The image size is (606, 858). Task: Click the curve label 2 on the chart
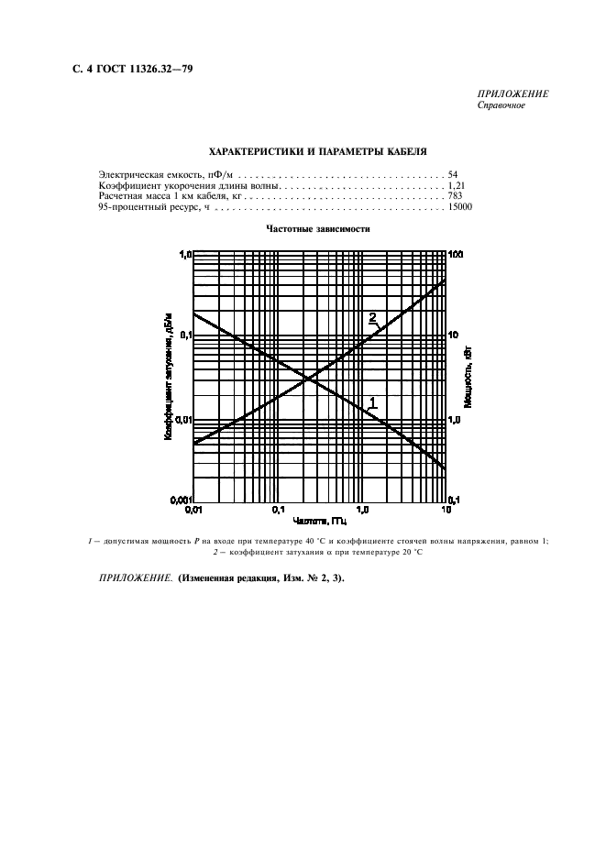coord(373,317)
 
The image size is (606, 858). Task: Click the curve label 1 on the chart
coord(373,401)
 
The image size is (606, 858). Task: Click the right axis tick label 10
coord(453,336)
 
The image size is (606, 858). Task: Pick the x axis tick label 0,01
coord(193,508)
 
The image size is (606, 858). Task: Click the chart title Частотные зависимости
coord(318,228)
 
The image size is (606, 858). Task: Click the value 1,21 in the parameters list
coord(456,185)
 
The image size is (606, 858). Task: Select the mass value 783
coord(456,197)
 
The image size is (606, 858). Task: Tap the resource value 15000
coord(459,209)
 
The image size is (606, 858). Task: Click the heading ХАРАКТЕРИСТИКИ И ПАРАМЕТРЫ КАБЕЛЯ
coord(318,150)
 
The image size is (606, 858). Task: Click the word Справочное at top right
coord(502,104)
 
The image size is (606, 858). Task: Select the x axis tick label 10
coord(446,508)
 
